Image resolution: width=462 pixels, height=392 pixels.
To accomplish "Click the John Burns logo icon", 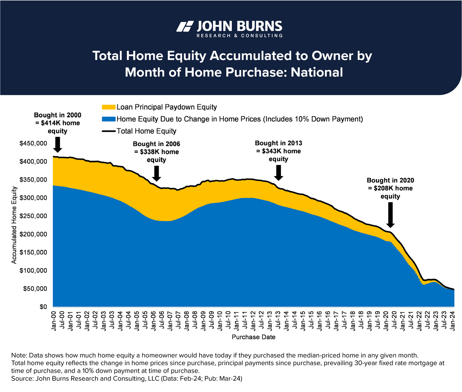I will pyautogui.click(x=185, y=26).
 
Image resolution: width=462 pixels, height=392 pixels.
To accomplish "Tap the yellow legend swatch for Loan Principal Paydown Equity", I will pyautogui.click(x=109, y=107).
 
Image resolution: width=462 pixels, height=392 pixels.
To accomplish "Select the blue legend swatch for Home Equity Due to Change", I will pyautogui.click(x=109, y=119).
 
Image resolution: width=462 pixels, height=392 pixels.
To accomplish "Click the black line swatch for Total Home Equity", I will pyautogui.click(x=109, y=131).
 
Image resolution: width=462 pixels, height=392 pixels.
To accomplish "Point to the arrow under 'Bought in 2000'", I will pyautogui.click(x=57, y=145).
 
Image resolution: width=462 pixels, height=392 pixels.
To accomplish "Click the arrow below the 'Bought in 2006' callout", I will pyautogui.click(x=156, y=174).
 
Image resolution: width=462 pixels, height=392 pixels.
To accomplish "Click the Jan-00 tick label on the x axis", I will pyautogui.click(x=54, y=321).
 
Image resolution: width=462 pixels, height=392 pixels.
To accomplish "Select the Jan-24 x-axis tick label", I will pyautogui.click(x=453, y=321).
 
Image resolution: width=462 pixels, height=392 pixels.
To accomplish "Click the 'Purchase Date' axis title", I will pyautogui.click(x=254, y=337).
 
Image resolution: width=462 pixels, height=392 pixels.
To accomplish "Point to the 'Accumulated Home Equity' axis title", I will pyautogui.click(x=14, y=225).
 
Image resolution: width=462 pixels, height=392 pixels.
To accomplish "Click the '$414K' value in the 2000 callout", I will pyautogui.click(x=51, y=123).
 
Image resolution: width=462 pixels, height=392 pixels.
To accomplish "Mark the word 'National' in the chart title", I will pyautogui.click(x=317, y=72).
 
